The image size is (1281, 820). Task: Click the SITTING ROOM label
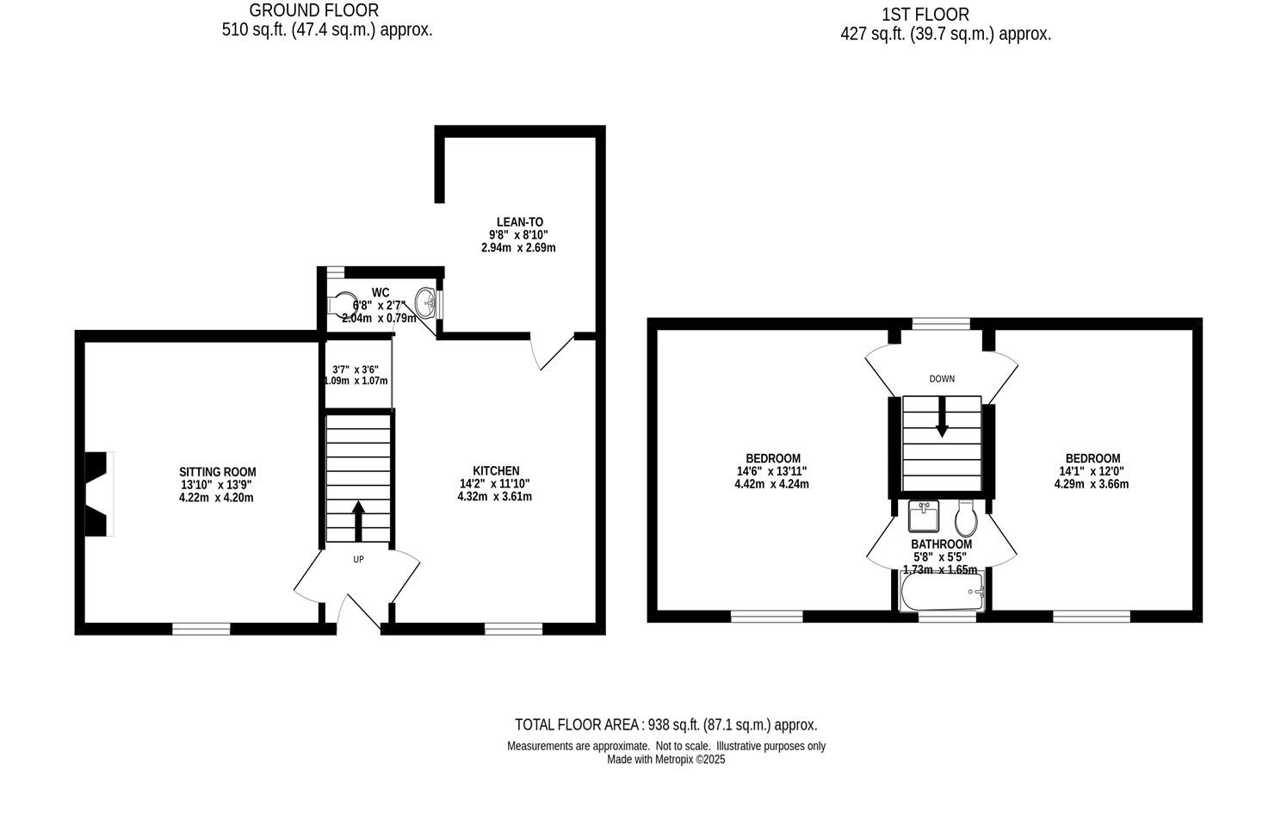[x=217, y=472]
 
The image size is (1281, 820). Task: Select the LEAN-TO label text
[x=519, y=221]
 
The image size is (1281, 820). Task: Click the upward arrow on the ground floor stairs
[x=358, y=520]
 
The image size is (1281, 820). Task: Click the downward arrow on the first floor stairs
[x=942, y=417]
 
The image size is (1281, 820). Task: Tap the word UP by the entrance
[x=358, y=560]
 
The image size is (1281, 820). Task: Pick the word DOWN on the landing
[x=942, y=379]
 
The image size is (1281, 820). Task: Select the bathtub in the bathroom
[x=940, y=593]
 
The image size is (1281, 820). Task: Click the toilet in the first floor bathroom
[x=964, y=518]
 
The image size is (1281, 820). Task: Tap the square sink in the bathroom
[x=925, y=517]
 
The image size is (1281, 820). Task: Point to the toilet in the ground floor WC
[x=342, y=304]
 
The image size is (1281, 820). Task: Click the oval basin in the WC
[x=425, y=303]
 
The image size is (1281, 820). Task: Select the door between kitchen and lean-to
[x=551, y=353]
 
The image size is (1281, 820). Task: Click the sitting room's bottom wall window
[x=201, y=628]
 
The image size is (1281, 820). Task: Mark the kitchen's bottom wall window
[x=513, y=628]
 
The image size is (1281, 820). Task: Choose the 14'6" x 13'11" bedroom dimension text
[x=771, y=471]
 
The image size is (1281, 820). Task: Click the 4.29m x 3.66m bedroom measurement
[x=1091, y=484]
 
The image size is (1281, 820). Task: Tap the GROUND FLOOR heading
[x=313, y=10]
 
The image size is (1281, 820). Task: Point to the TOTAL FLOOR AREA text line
[x=665, y=724]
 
